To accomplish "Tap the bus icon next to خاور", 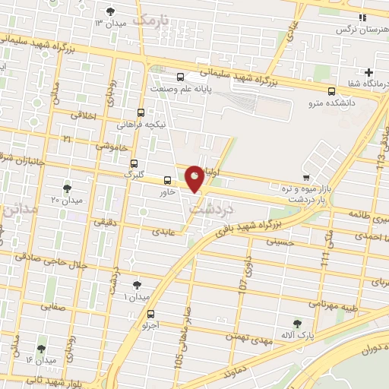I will click(x=167, y=180).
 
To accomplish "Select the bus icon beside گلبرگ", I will click(x=134, y=163).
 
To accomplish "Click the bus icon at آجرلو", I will click(x=150, y=314).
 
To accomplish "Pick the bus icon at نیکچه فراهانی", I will click(x=141, y=112).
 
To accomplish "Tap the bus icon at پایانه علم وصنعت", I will click(x=181, y=77).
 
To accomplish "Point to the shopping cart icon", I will click(x=305, y=166).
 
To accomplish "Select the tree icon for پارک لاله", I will click(x=297, y=324).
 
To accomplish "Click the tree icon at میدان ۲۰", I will click(x=68, y=187).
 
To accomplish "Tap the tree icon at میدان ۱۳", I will click(x=112, y=11).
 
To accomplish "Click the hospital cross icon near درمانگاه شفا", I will click(x=368, y=71).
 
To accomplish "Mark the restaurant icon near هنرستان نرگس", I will click(x=362, y=17).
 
